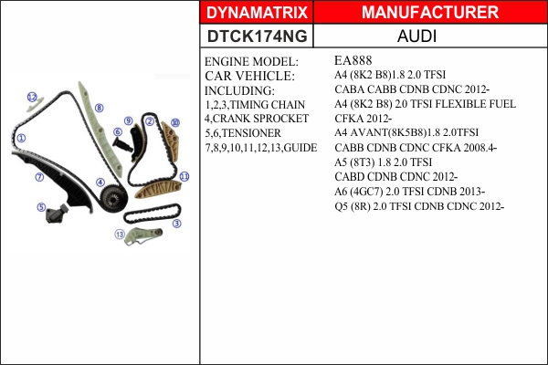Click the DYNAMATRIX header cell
257,12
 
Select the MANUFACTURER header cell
430,12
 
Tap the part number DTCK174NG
257,36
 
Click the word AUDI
416,36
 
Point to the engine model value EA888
353,60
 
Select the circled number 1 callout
21,138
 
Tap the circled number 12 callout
32,97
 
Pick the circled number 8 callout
100,108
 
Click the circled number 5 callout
41,207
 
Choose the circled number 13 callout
120,234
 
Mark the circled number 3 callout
177,224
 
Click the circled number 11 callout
184,176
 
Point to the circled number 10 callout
175,122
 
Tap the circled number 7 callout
39,177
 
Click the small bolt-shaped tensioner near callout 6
122,144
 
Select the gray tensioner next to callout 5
57,213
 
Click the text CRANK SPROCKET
260,119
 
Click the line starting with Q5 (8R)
419,206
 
